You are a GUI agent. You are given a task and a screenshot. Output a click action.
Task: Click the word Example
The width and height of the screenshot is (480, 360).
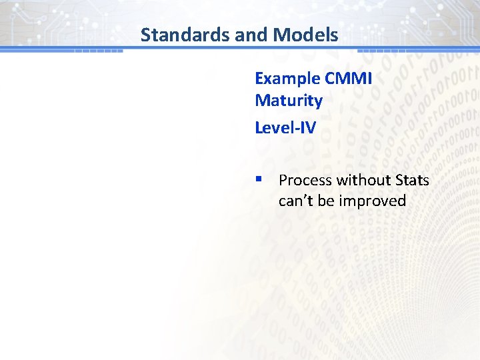pyautogui.click(x=287, y=79)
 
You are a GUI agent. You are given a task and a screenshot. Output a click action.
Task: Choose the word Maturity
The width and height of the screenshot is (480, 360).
pyautogui.click(x=288, y=101)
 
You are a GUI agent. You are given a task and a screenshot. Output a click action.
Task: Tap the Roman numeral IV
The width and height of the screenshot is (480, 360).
pyautogui.click(x=307, y=127)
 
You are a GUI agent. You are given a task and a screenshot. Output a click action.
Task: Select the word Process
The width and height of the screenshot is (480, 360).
pyautogui.click(x=305, y=180)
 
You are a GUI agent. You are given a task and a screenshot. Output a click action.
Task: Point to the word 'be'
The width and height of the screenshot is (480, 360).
pyautogui.click(x=326, y=201)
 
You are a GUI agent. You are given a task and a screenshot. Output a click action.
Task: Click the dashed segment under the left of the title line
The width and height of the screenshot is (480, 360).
pyautogui.click(x=99, y=51)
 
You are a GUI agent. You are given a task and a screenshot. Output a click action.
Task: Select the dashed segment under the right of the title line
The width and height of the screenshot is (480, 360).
pyautogui.click(x=382, y=51)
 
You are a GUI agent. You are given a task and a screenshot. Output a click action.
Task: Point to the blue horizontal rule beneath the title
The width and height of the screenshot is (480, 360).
pyautogui.click(x=240, y=49)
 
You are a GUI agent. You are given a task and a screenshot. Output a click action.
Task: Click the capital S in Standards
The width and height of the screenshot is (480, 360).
pyautogui.click(x=146, y=35)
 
